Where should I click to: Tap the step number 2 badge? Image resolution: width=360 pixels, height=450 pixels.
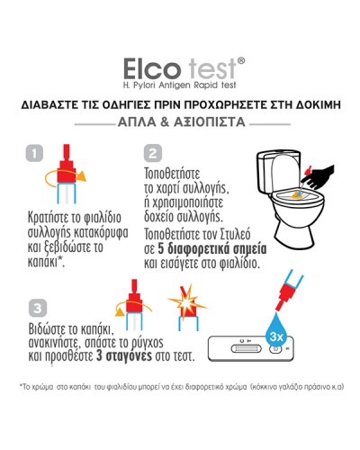pyautogui.click(x=153, y=152)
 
